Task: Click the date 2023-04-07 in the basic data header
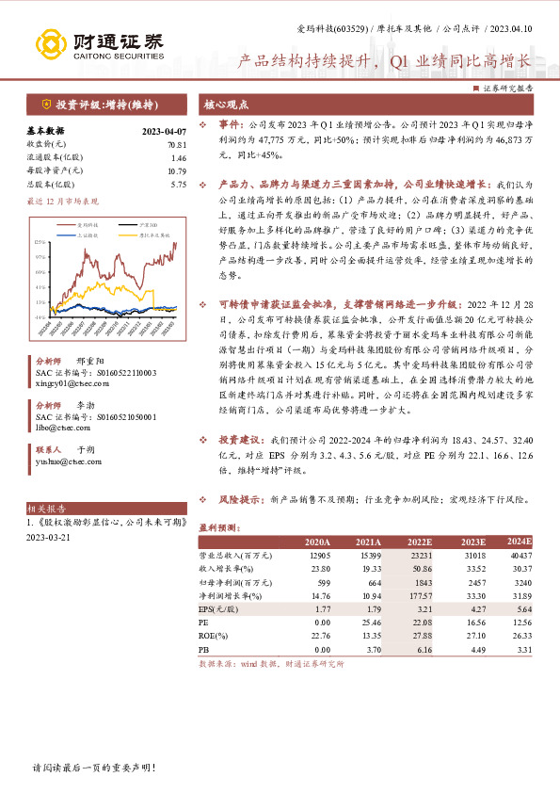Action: click(162, 131)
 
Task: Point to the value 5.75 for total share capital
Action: click(179, 185)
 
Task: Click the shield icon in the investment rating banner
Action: click(45, 104)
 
